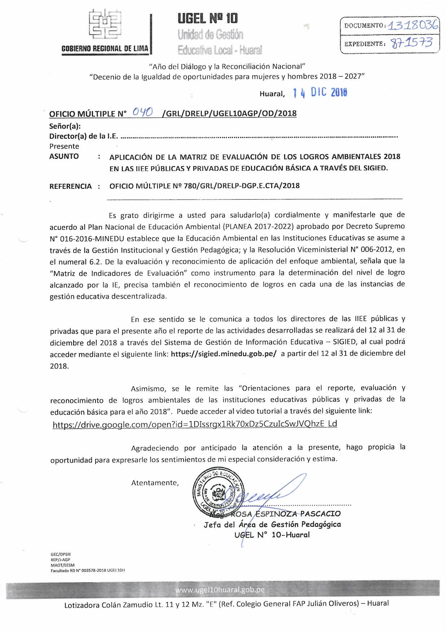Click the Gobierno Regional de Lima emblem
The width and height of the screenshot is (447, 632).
coord(105,24)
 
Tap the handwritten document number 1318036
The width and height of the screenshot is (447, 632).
coord(413,25)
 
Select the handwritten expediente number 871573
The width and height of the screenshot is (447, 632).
coord(412,43)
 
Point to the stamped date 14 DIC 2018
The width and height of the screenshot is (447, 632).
coord(320,93)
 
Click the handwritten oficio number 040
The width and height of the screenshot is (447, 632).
coord(142,112)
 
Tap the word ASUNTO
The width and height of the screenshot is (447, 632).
coord(64,156)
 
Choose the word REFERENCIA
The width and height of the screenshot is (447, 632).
coord(71,186)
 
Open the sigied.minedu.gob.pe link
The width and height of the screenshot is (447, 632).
coord(223,353)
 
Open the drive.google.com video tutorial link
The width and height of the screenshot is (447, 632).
coord(195,424)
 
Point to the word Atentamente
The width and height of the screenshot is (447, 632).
coord(155,483)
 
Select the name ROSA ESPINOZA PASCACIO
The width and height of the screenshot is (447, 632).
coord(286,514)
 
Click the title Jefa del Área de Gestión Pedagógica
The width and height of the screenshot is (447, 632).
coord(272,525)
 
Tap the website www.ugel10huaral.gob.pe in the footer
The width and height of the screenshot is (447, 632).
coord(220,590)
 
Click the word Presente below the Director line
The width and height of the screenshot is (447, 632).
coord(64,146)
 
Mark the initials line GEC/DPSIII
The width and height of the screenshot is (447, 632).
coord(61,555)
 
